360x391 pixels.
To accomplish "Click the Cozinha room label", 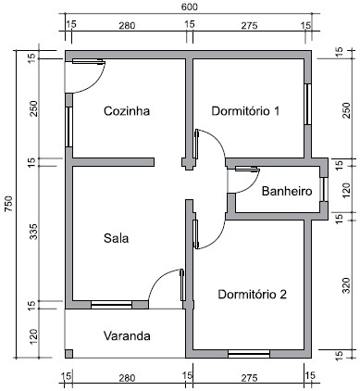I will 127,110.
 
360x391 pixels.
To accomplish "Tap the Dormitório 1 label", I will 245,110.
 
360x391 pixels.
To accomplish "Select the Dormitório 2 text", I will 252,294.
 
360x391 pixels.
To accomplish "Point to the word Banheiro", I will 285,192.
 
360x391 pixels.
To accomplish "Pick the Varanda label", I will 126,335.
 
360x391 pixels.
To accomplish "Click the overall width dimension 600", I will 189,6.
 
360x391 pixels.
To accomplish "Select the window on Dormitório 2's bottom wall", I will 249,353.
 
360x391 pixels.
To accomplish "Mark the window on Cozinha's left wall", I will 67,119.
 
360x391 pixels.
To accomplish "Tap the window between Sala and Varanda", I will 112,304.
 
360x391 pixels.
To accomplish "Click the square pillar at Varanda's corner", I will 68,353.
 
